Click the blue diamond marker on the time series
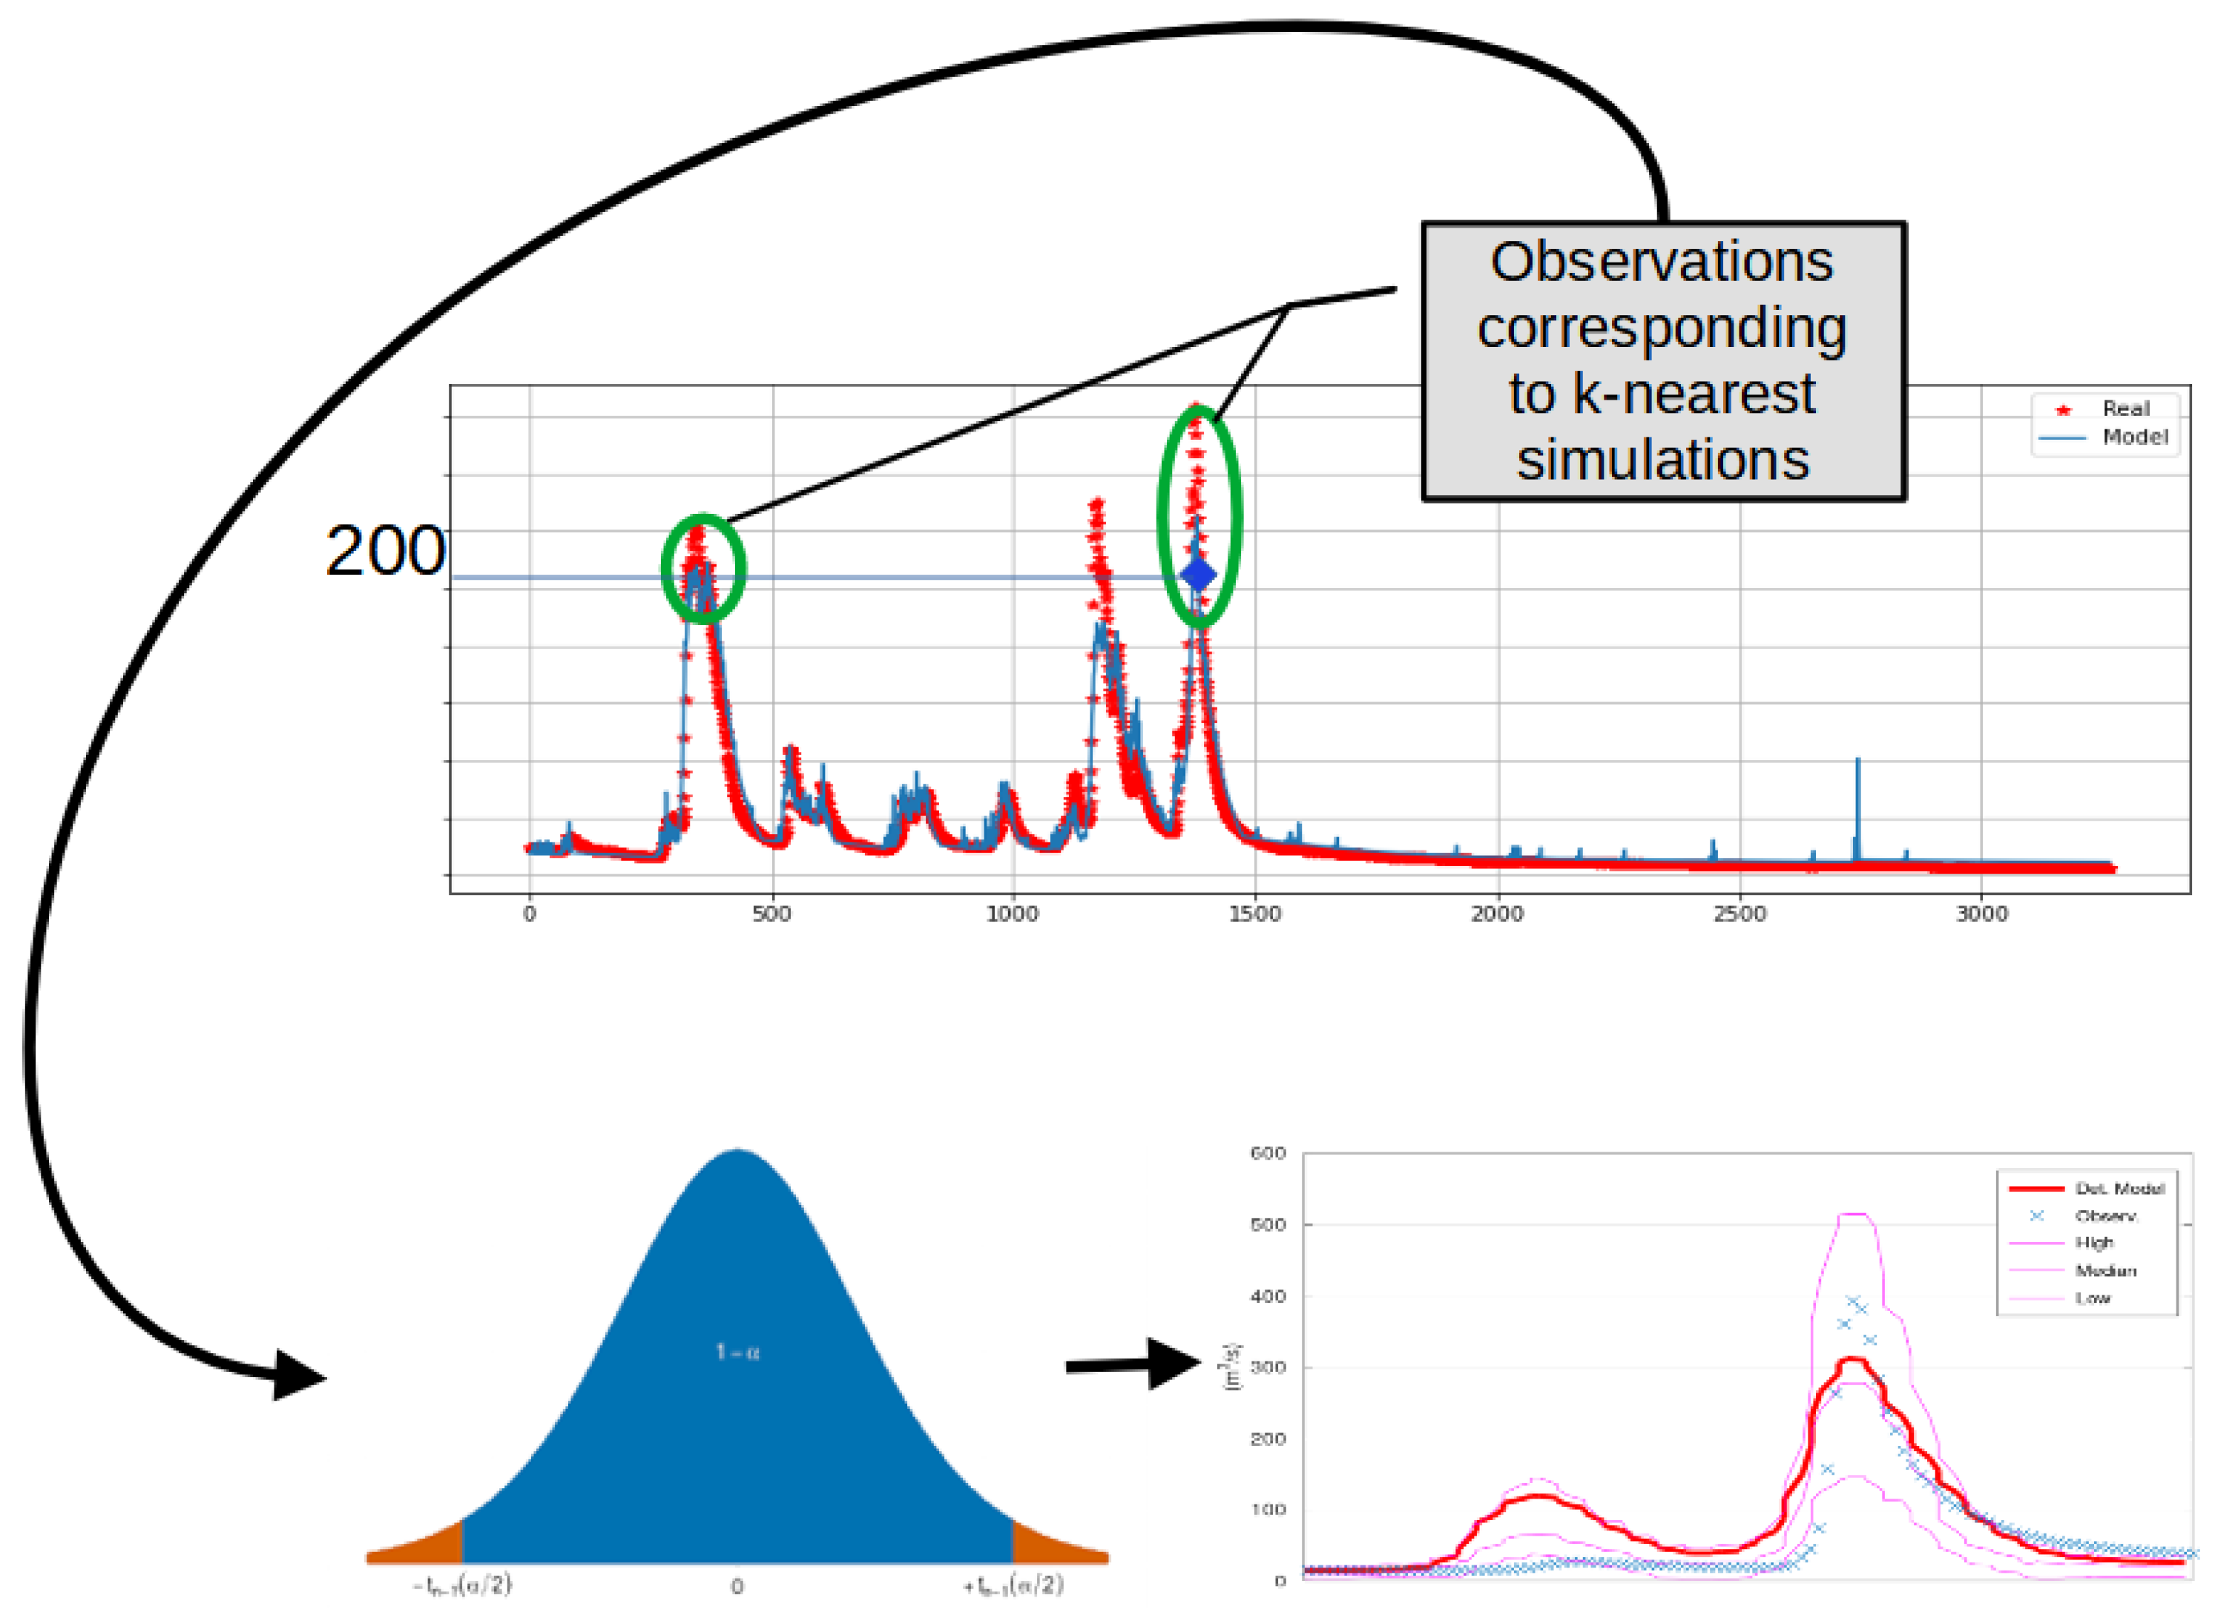1198,575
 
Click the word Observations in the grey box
1662,262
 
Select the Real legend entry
2124,409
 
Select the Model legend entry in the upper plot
2133,437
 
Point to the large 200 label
385,552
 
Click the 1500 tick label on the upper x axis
1254,914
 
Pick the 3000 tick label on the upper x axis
1981,914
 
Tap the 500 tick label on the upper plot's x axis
771,914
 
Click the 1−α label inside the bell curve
737,1353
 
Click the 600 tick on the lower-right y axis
1268,1154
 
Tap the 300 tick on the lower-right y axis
1268,1367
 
